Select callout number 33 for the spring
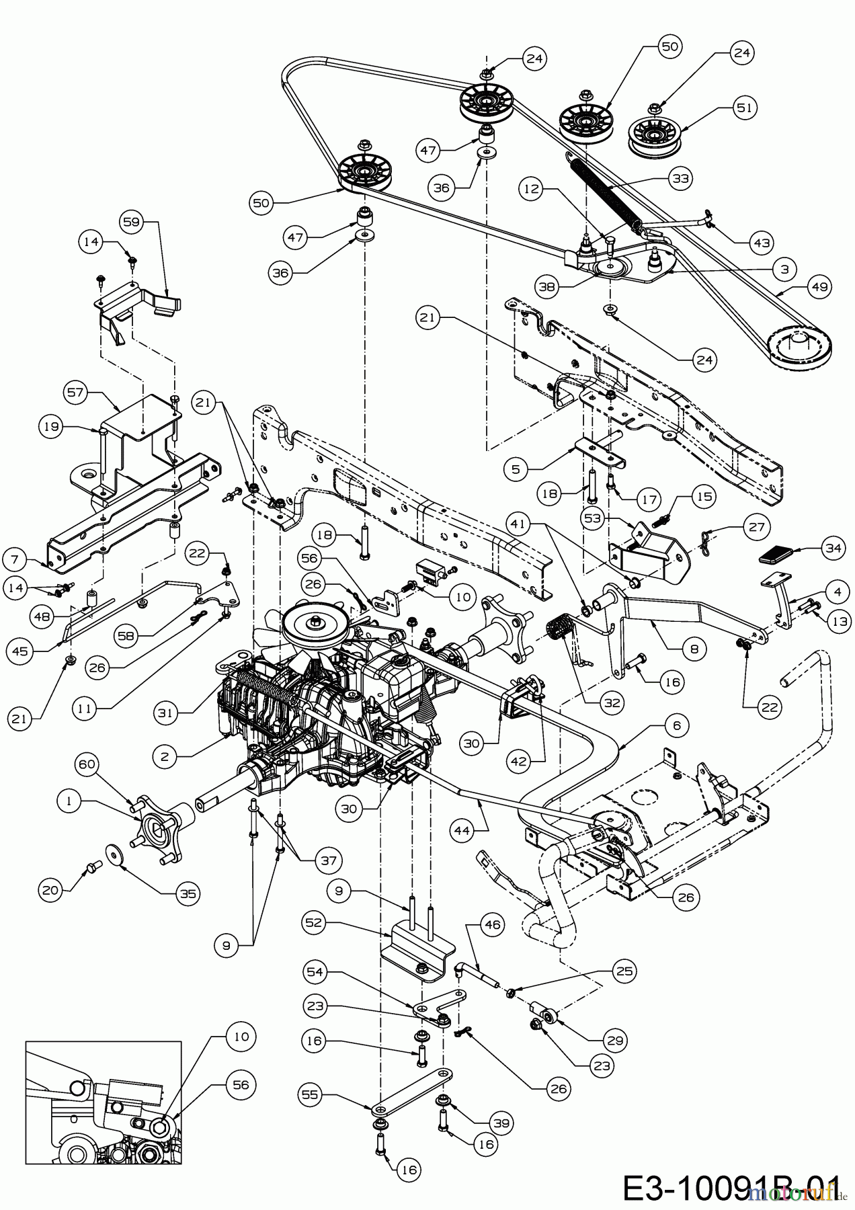(x=680, y=178)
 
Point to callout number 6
(x=676, y=725)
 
